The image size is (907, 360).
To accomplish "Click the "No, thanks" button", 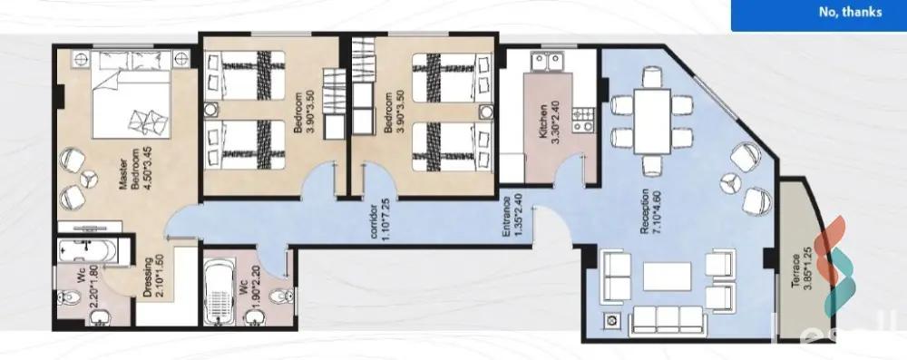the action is click(850, 12).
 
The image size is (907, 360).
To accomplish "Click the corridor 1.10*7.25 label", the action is click(379, 222).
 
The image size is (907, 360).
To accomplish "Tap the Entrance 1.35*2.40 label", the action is click(512, 218).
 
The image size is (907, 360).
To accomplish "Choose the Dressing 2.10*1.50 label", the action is click(152, 277).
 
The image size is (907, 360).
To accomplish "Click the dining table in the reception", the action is click(652, 121).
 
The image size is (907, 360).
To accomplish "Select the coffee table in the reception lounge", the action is click(667, 276).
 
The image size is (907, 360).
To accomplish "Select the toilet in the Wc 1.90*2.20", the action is click(280, 296).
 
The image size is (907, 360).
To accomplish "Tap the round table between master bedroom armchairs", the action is click(89, 179).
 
